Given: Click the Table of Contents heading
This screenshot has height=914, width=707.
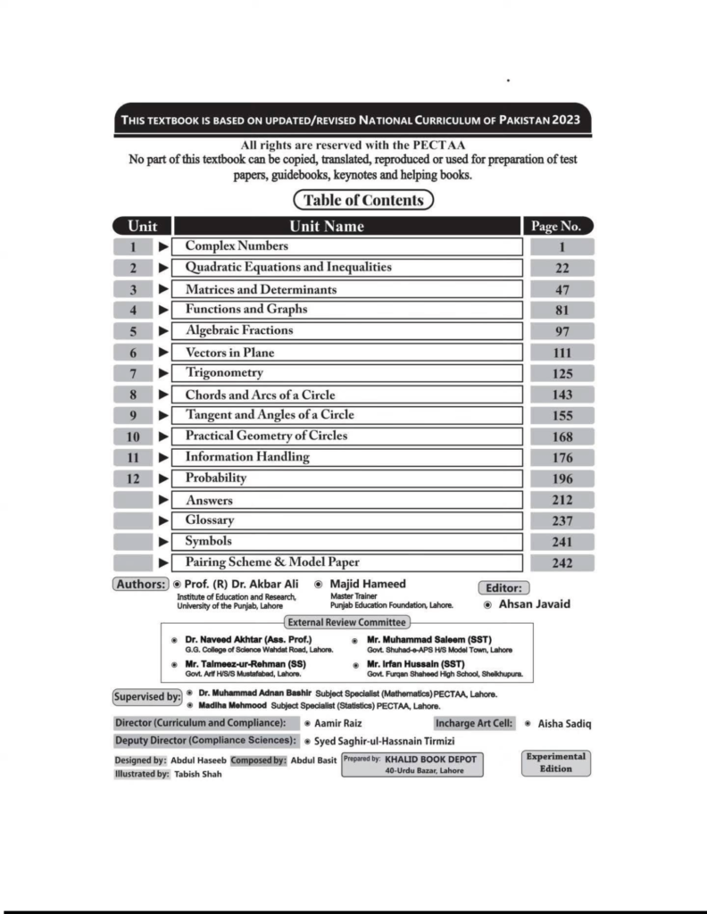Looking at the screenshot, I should click(362, 200).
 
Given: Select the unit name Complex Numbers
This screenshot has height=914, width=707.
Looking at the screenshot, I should click(237, 246).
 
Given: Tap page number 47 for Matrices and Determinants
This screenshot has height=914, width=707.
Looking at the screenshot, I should click(561, 289).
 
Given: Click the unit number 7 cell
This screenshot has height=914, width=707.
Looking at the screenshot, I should click(133, 373).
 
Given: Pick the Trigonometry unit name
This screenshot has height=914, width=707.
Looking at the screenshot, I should click(224, 373).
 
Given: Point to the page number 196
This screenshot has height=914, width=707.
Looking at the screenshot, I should click(561, 478).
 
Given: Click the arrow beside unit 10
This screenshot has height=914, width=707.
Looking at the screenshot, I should click(162, 436).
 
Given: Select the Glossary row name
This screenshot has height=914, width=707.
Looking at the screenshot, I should click(210, 520).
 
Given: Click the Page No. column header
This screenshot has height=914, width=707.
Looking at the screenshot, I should click(561, 226).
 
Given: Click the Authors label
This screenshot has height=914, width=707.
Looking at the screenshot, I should click(140, 585).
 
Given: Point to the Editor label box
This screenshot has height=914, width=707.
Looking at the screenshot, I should click(504, 588).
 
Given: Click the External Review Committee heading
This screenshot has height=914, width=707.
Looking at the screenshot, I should click(346, 622).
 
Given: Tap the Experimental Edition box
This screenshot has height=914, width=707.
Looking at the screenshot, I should click(555, 762).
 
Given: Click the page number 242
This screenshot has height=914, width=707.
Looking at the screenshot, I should click(561, 562).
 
